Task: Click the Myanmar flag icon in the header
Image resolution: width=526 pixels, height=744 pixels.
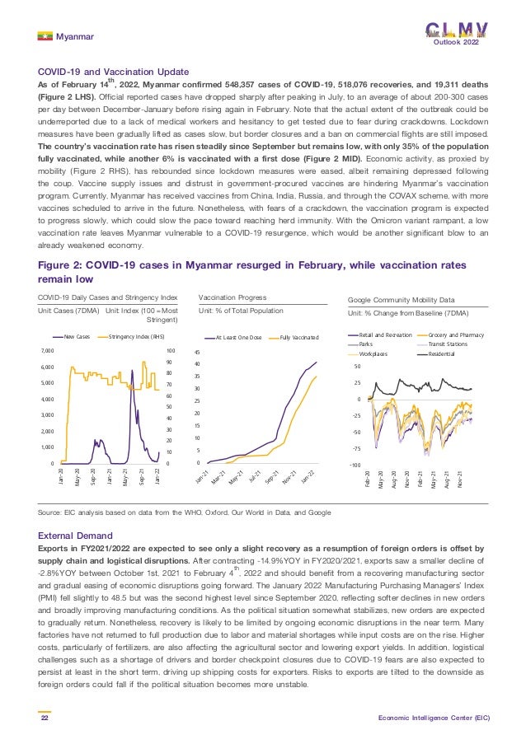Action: (45, 35)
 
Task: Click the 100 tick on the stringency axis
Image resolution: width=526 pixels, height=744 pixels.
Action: (170, 352)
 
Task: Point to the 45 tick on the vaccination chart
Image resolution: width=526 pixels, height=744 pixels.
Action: (196, 352)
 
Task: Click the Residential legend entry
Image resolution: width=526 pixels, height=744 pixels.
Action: (444, 353)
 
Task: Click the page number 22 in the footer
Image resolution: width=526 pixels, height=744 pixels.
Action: (45, 718)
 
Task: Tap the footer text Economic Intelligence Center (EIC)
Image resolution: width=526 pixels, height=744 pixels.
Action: (434, 718)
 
